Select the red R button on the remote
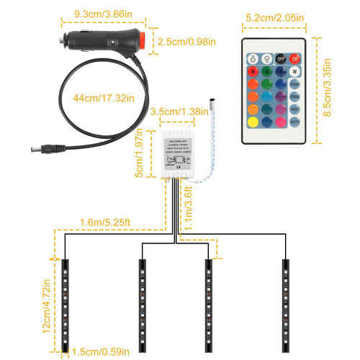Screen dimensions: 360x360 click(253, 72)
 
